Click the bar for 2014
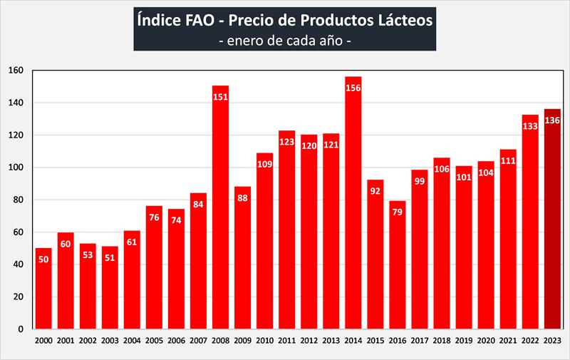353,214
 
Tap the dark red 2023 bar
552,228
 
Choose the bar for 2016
397,271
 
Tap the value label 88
242,197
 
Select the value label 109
264,164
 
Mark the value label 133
530,125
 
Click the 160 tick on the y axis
16,71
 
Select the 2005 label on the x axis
154,341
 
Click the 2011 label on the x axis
286,341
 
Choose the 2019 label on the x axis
464,341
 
